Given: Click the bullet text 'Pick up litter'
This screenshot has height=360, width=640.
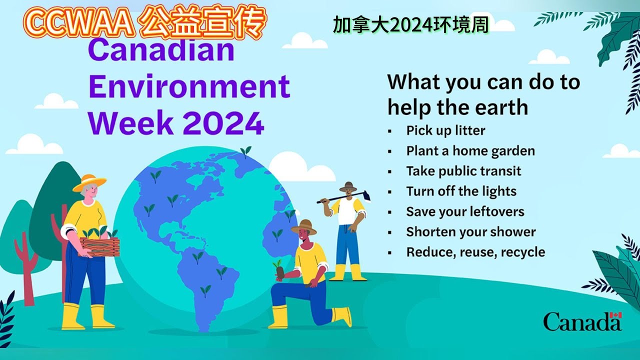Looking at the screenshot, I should [x=445, y=130].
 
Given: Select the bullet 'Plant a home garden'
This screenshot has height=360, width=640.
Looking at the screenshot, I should [x=470, y=151].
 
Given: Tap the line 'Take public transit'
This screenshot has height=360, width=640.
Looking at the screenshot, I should [x=463, y=171].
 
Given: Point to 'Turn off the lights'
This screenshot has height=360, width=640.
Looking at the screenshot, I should [x=461, y=191].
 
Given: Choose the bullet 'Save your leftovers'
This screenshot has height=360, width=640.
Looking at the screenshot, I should [x=465, y=211].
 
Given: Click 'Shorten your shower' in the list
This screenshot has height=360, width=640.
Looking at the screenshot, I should [x=470, y=232].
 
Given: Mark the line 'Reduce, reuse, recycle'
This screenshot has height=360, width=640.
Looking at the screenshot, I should [x=475, y=252].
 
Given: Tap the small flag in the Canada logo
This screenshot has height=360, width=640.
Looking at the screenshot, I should [x=616, y=315].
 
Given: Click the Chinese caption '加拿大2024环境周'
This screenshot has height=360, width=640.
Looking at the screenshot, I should [x=410, y=25].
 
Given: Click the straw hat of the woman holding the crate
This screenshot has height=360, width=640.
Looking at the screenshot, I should [x=89, y=182].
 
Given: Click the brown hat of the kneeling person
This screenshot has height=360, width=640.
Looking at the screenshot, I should [x=304, y=227].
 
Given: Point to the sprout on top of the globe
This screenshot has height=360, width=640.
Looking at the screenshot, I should [x=245, y=151].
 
